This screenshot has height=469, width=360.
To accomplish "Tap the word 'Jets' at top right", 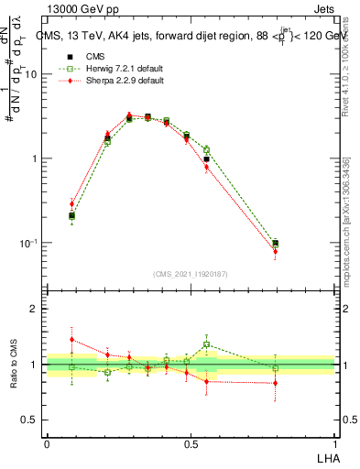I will pos(323,8).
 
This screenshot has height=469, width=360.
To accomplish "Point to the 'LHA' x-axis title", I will pos(326,456).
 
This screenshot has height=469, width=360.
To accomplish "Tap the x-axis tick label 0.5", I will pos(191,444).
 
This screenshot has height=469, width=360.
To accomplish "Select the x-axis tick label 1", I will pos(336,444).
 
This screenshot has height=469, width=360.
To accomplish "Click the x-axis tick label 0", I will pos(47,444).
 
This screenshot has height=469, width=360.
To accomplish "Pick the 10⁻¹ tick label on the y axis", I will pos(27,243).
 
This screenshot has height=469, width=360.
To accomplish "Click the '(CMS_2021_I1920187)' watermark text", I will pos(191,273).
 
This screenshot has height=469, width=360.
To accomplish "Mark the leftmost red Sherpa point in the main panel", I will pos(71,203).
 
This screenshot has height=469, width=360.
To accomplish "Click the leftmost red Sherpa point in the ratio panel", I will pos(71,340).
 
